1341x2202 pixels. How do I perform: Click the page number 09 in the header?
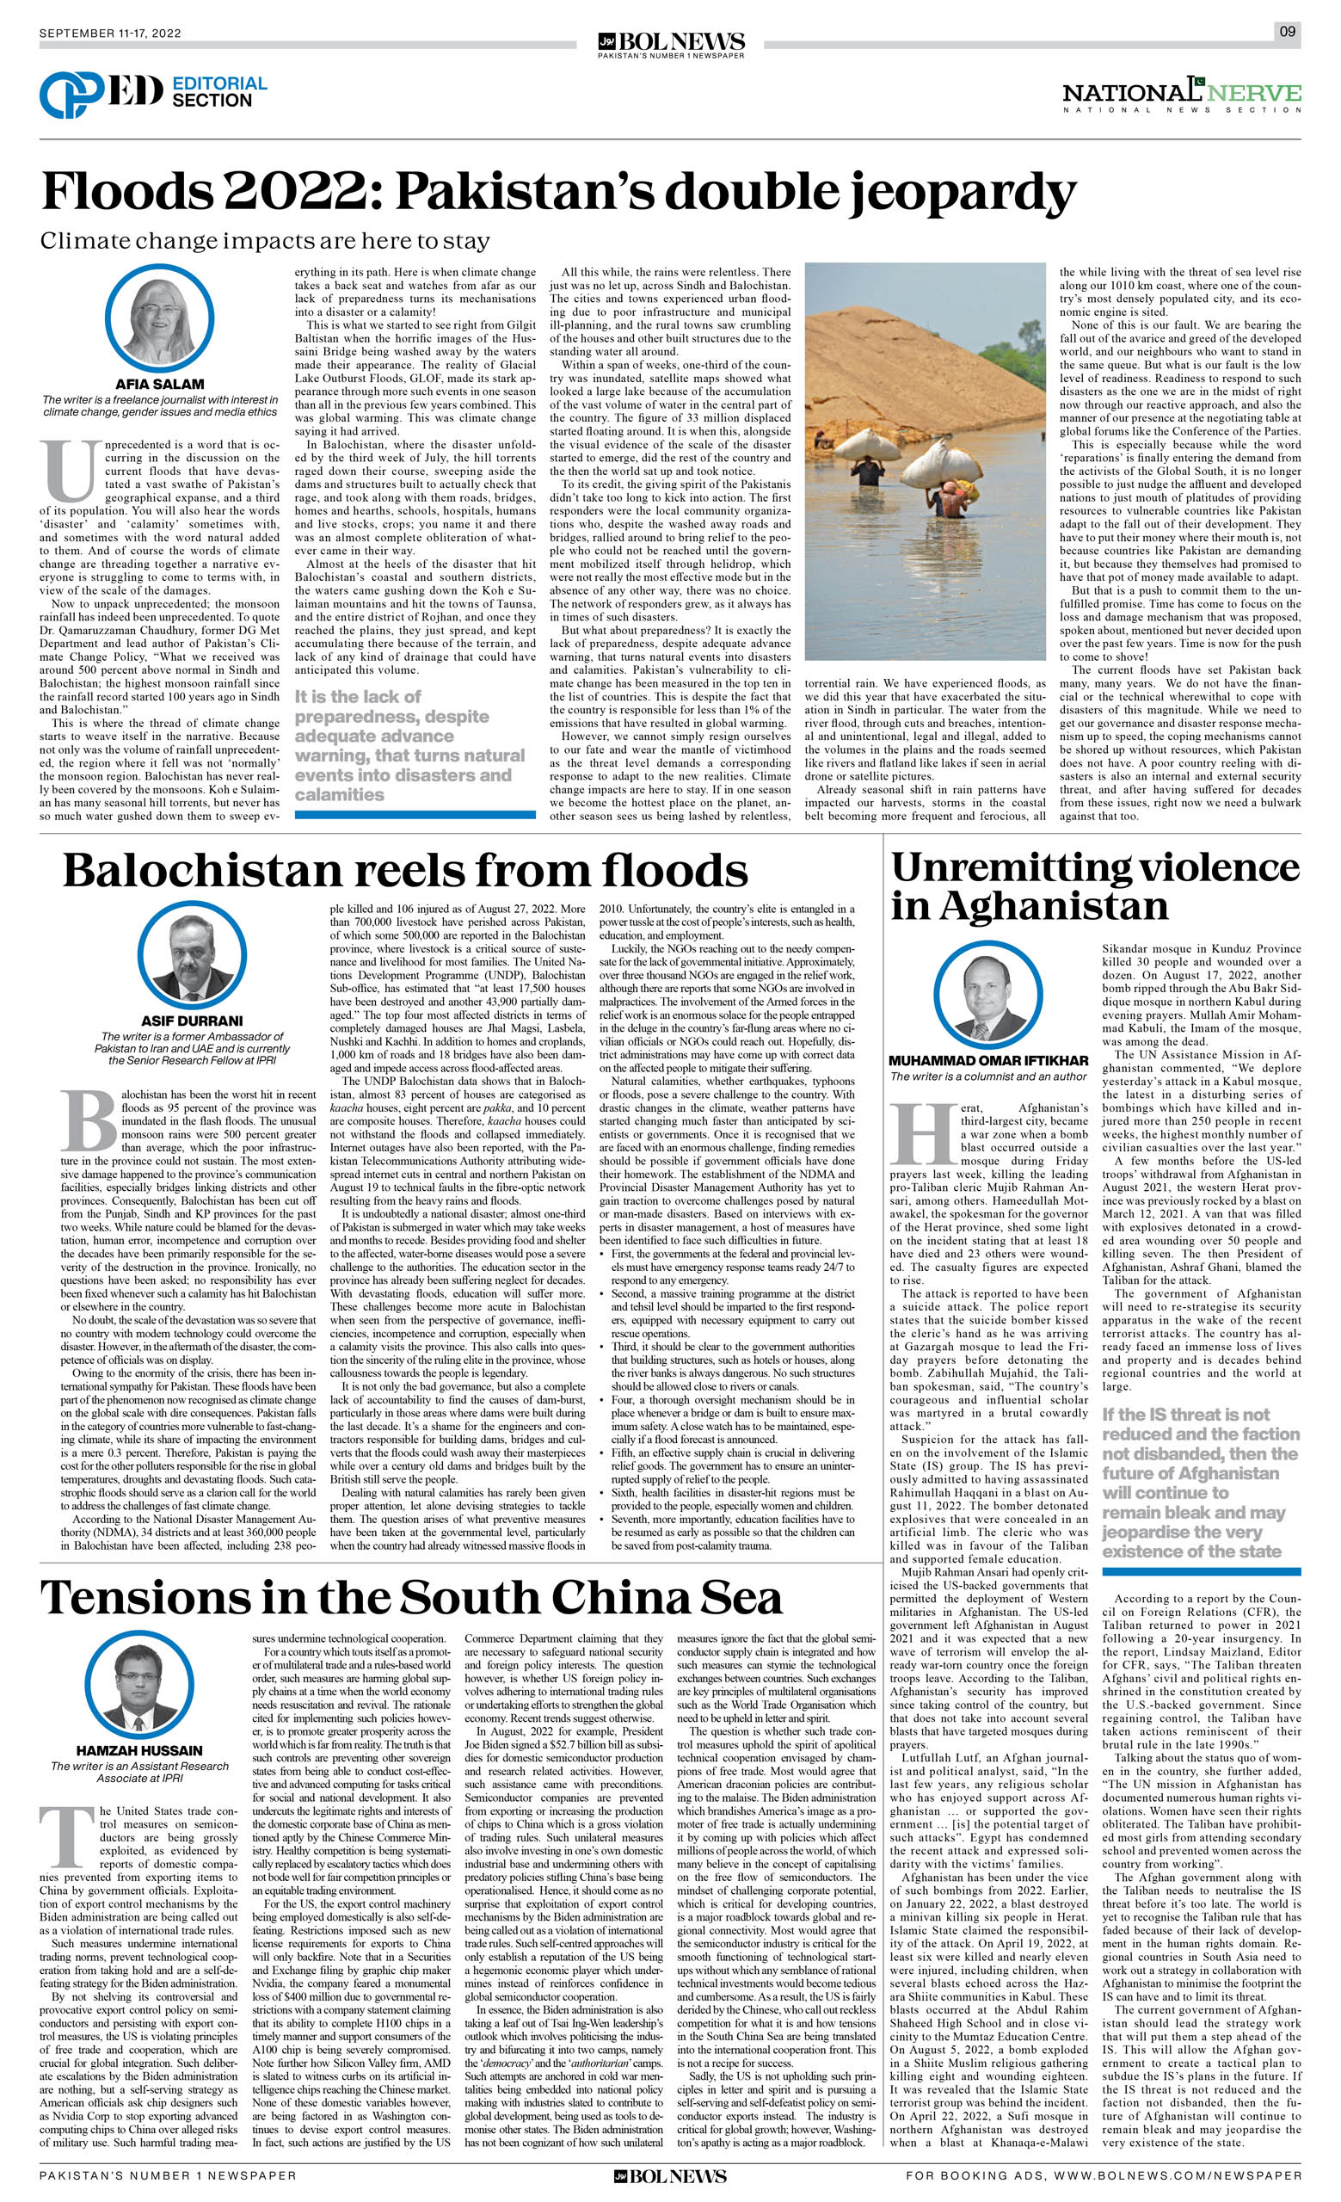click(x=1287, y=32)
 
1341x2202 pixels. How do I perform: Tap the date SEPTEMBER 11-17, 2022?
click(x=110, y=34)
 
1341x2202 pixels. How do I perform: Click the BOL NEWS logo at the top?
click(x=671, y=43)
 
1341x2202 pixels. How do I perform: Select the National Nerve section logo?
click(x=1181, y=95)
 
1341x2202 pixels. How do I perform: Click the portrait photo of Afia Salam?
click(x=159, y=319)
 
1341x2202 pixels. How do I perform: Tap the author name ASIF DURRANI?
click(x=191, y=1021)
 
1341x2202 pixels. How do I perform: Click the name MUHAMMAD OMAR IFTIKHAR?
click(x=988, y=1061)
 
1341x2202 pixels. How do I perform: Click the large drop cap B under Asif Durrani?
click(x=91, y=1118)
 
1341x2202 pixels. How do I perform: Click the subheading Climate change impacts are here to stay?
click(x=264, y=241)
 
